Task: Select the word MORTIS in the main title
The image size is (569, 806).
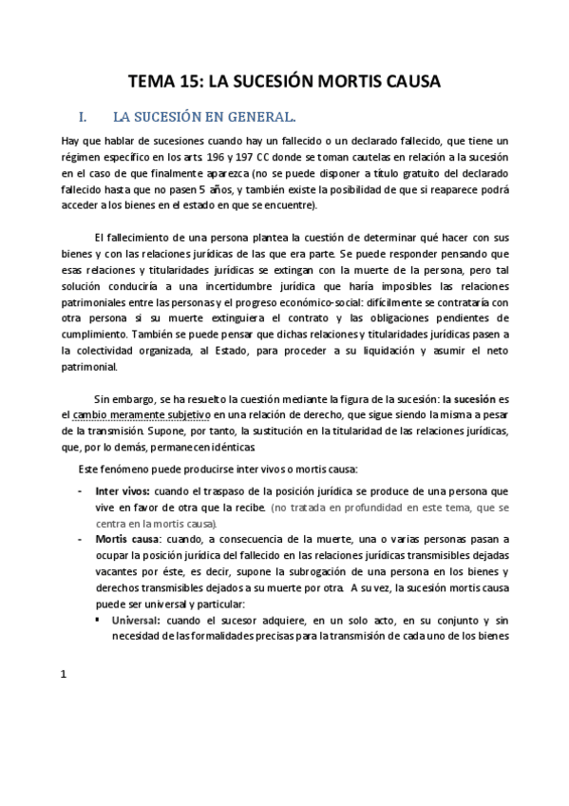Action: [x=359, y=82]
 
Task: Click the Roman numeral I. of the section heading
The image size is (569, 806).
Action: [x=83, y=119]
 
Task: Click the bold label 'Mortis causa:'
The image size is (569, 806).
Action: [x=126, y=538]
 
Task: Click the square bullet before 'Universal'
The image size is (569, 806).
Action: [x=100, y=620]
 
